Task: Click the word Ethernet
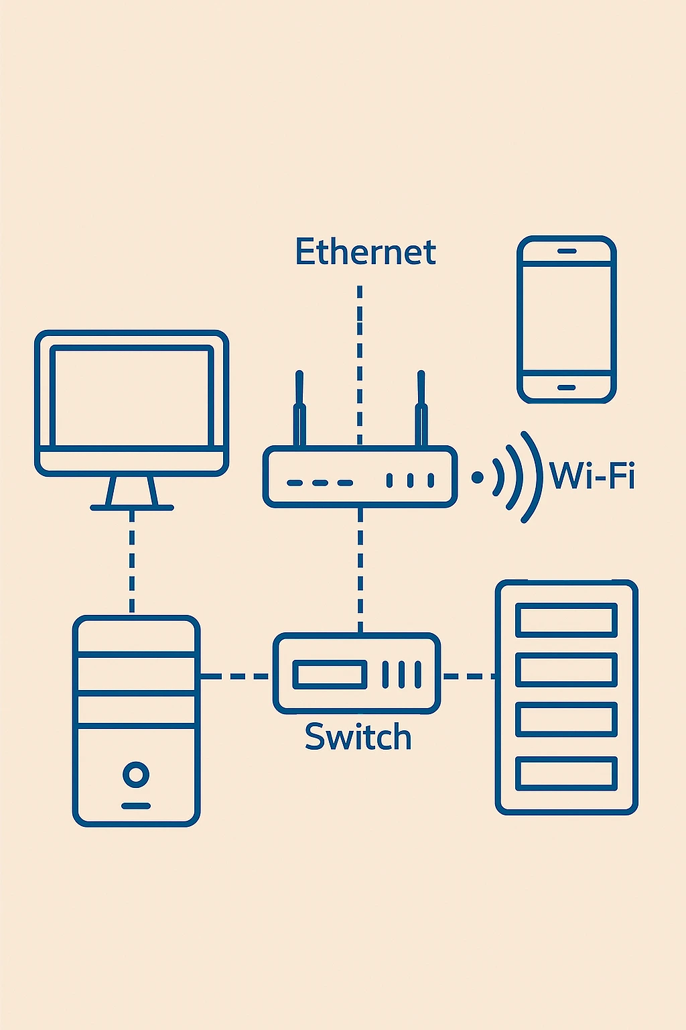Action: pos(365,253)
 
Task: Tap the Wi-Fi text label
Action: pos(592,476)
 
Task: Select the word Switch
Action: pos(358,737)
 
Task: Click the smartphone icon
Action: pos(567,319)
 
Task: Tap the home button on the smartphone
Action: pos(567,388)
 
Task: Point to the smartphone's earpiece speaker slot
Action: pos(567,251)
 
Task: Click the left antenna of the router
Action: pos(299,409)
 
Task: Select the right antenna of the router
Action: pos(421,409)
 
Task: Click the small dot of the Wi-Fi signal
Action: pos(477,477)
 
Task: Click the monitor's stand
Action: pos(132,494)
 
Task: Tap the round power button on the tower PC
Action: pos(136,774)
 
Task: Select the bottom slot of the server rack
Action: pos(566,773)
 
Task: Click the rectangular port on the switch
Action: pos(330,675)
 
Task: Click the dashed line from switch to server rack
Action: pos(468,676)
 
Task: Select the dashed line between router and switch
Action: pos(360,570)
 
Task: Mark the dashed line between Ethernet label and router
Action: pos(360,362)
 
